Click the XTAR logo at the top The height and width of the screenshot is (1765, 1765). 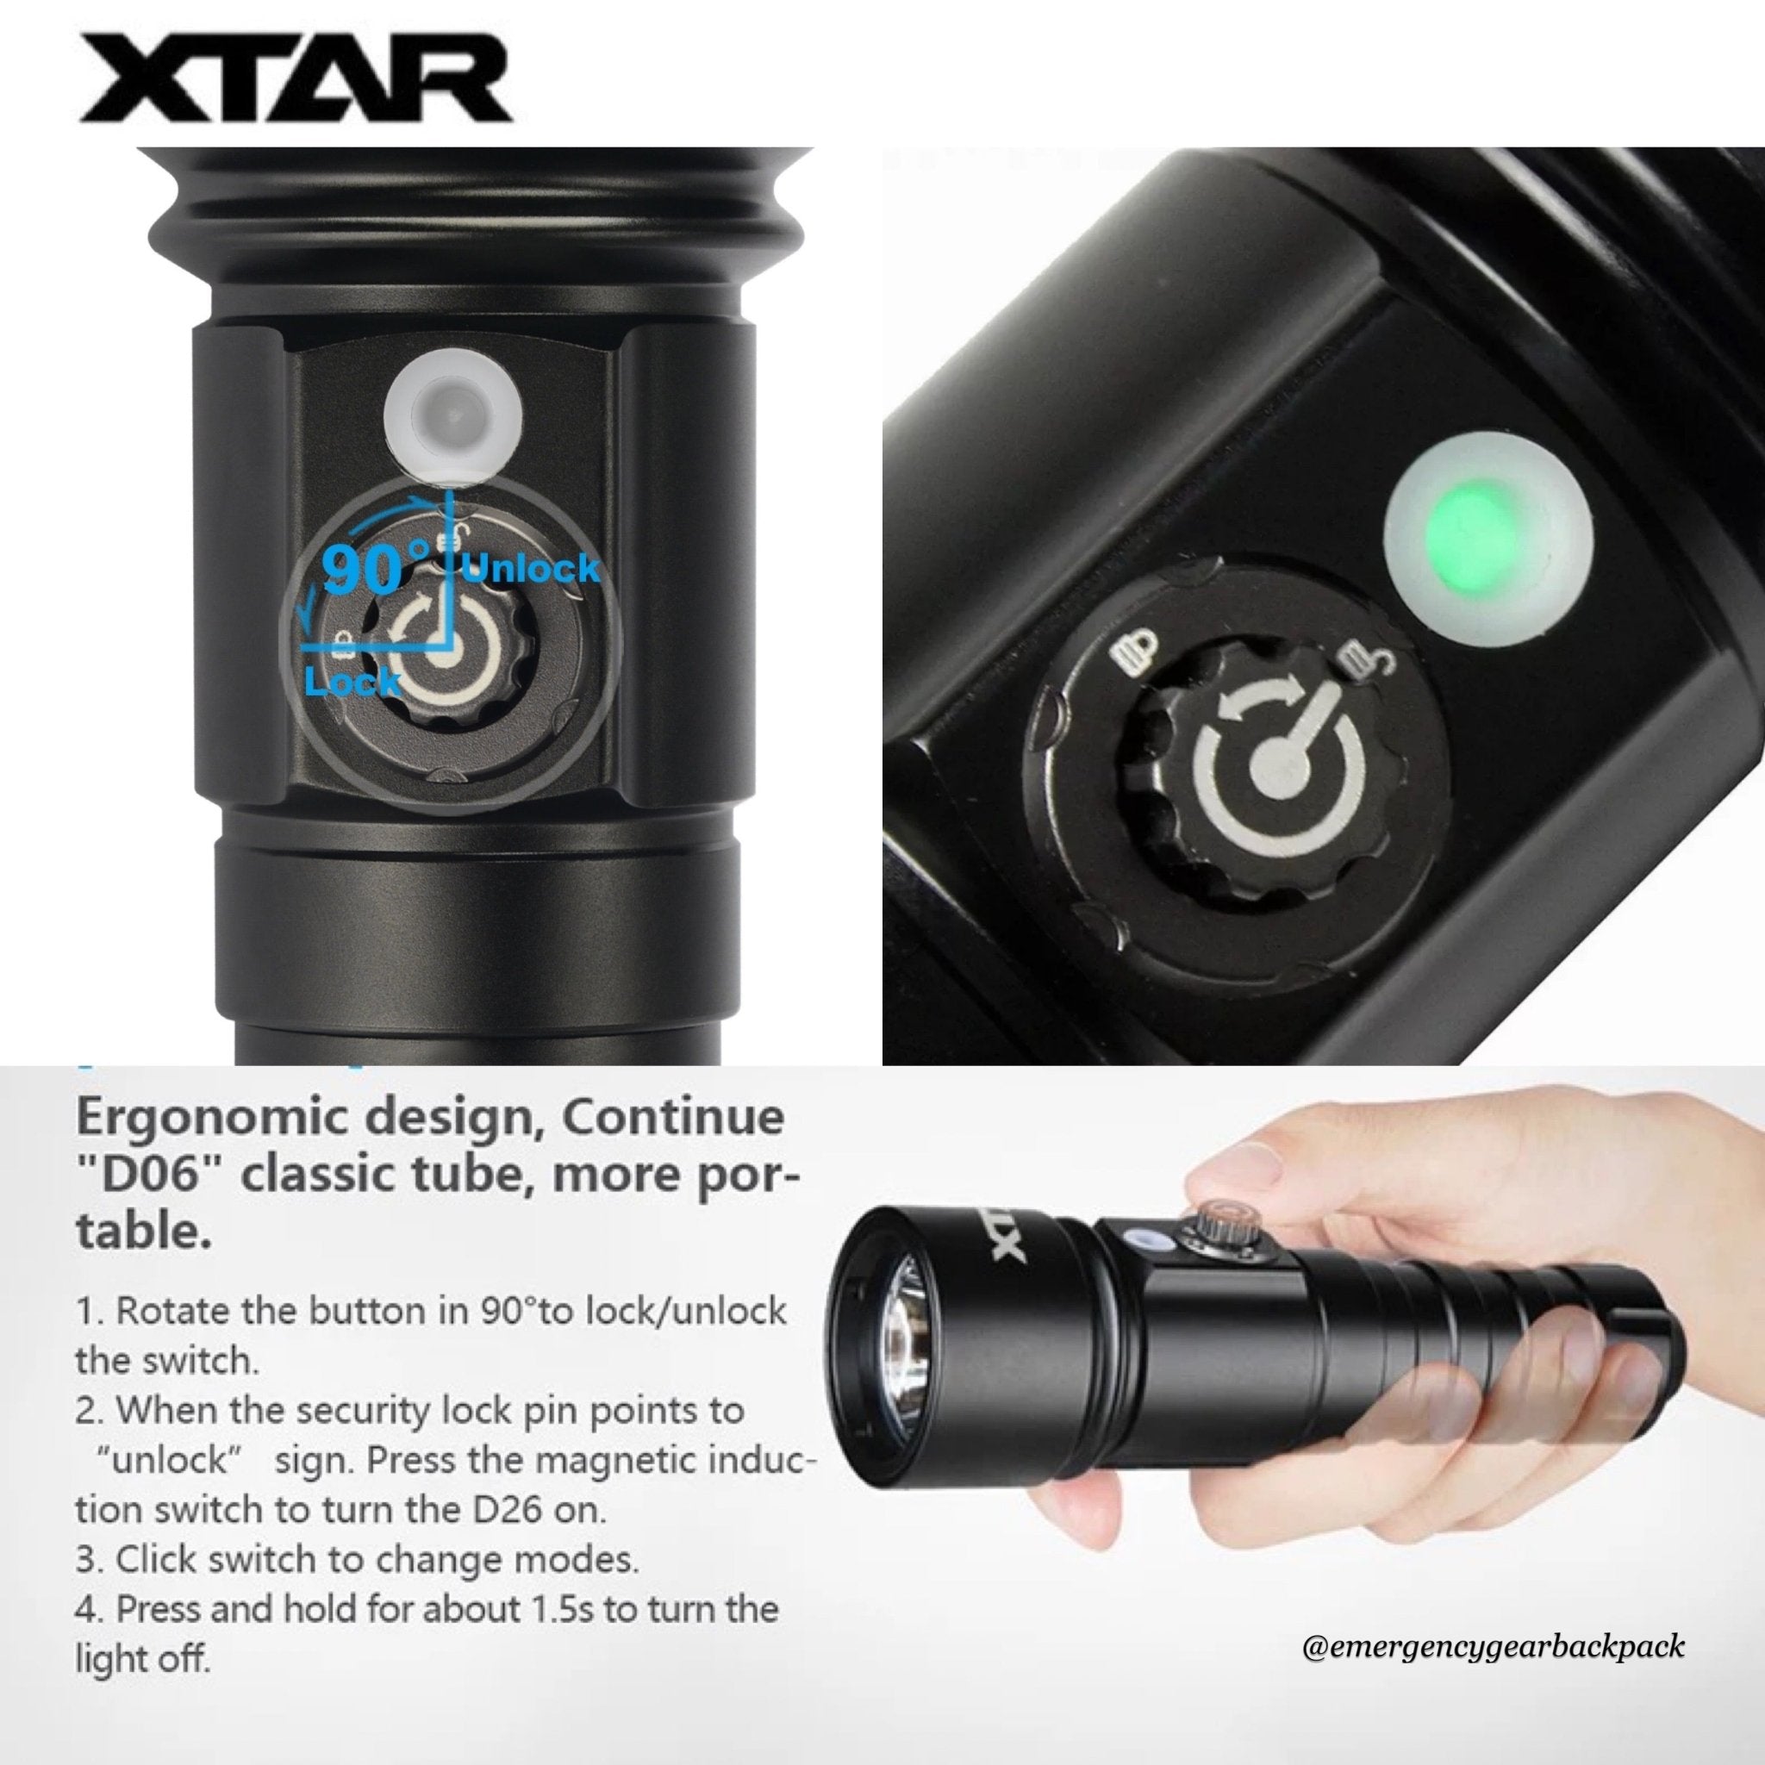(x=294, y=82)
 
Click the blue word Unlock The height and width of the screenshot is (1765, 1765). (x=532, y=568)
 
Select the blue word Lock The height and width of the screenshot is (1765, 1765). (x=352, y=681)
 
